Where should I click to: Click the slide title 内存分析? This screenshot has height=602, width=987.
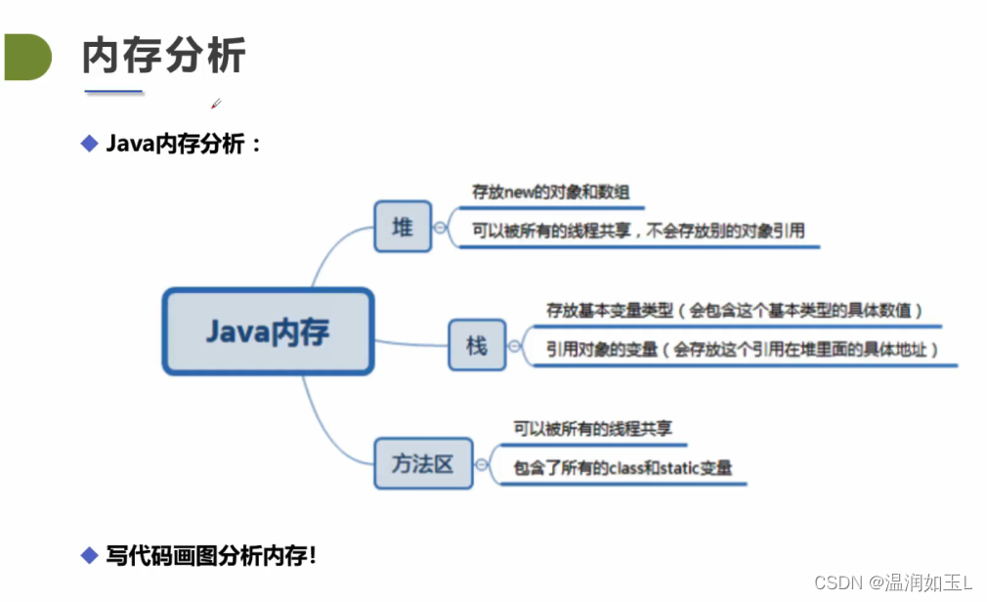point(164,57)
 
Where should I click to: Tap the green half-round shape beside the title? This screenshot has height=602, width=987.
point(26,57)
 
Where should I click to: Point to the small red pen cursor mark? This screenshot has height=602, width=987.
point(216,103)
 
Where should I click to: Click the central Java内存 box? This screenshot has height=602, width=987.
point(268,331)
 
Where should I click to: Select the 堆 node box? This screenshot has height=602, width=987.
point(403,227)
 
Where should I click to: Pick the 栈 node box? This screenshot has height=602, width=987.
point(477,345)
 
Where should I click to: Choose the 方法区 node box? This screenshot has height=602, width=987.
point(423,463)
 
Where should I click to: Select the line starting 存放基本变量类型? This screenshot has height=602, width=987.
point(734,311)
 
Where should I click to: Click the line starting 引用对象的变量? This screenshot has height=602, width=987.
point(743,349)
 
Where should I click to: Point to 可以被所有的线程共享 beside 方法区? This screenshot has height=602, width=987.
point(593,428)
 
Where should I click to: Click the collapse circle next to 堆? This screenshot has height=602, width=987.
point(441,227)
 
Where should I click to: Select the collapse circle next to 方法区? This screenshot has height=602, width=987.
point(482,464)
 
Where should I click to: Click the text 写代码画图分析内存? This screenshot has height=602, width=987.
point(211,556)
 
